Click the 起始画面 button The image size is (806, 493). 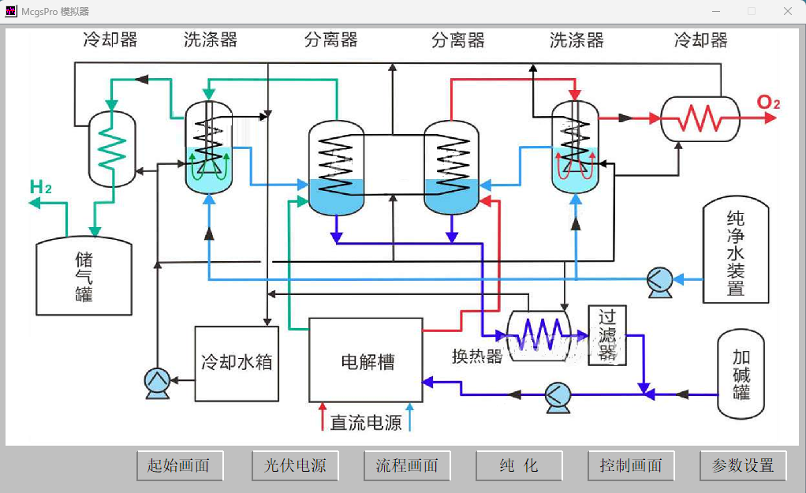click(179, 465)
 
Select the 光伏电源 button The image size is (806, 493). click(294, 465)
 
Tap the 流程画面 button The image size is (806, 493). click(407, 465)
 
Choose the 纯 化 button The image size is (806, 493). click(519, 465)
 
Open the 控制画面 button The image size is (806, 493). click(631, 465)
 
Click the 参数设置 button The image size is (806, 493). click(743, 465)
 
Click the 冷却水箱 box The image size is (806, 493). click(237, 363)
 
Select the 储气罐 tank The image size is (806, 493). click(84, 276)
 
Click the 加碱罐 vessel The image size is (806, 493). click(741, 374)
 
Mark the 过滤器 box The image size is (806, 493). click(606, 335)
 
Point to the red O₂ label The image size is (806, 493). click(768, 103)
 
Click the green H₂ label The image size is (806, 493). click(41, 188)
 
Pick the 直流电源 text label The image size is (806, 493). click(366, 423)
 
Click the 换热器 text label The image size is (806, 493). click(476, 357)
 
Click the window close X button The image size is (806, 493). click(787, 11)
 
